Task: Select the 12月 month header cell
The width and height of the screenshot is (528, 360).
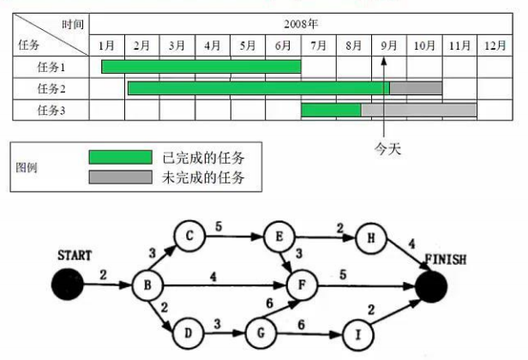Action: click(495, 45)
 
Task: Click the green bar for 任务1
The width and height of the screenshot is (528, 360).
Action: click(201, 66)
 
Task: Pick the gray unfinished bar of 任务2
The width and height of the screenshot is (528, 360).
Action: click(416, 87)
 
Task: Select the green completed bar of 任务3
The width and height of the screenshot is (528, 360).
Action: click(331, 110)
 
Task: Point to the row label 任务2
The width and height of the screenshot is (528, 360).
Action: click(51, 88)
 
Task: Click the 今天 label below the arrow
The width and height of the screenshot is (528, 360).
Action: click(388, 147)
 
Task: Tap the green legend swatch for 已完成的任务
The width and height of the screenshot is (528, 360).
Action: click(120, 157)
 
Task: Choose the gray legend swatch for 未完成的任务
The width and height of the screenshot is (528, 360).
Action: click(120, 177)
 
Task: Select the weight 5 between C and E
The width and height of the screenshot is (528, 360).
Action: click(219, 227)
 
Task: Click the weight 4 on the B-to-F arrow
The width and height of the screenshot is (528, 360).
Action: click(213, 276)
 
